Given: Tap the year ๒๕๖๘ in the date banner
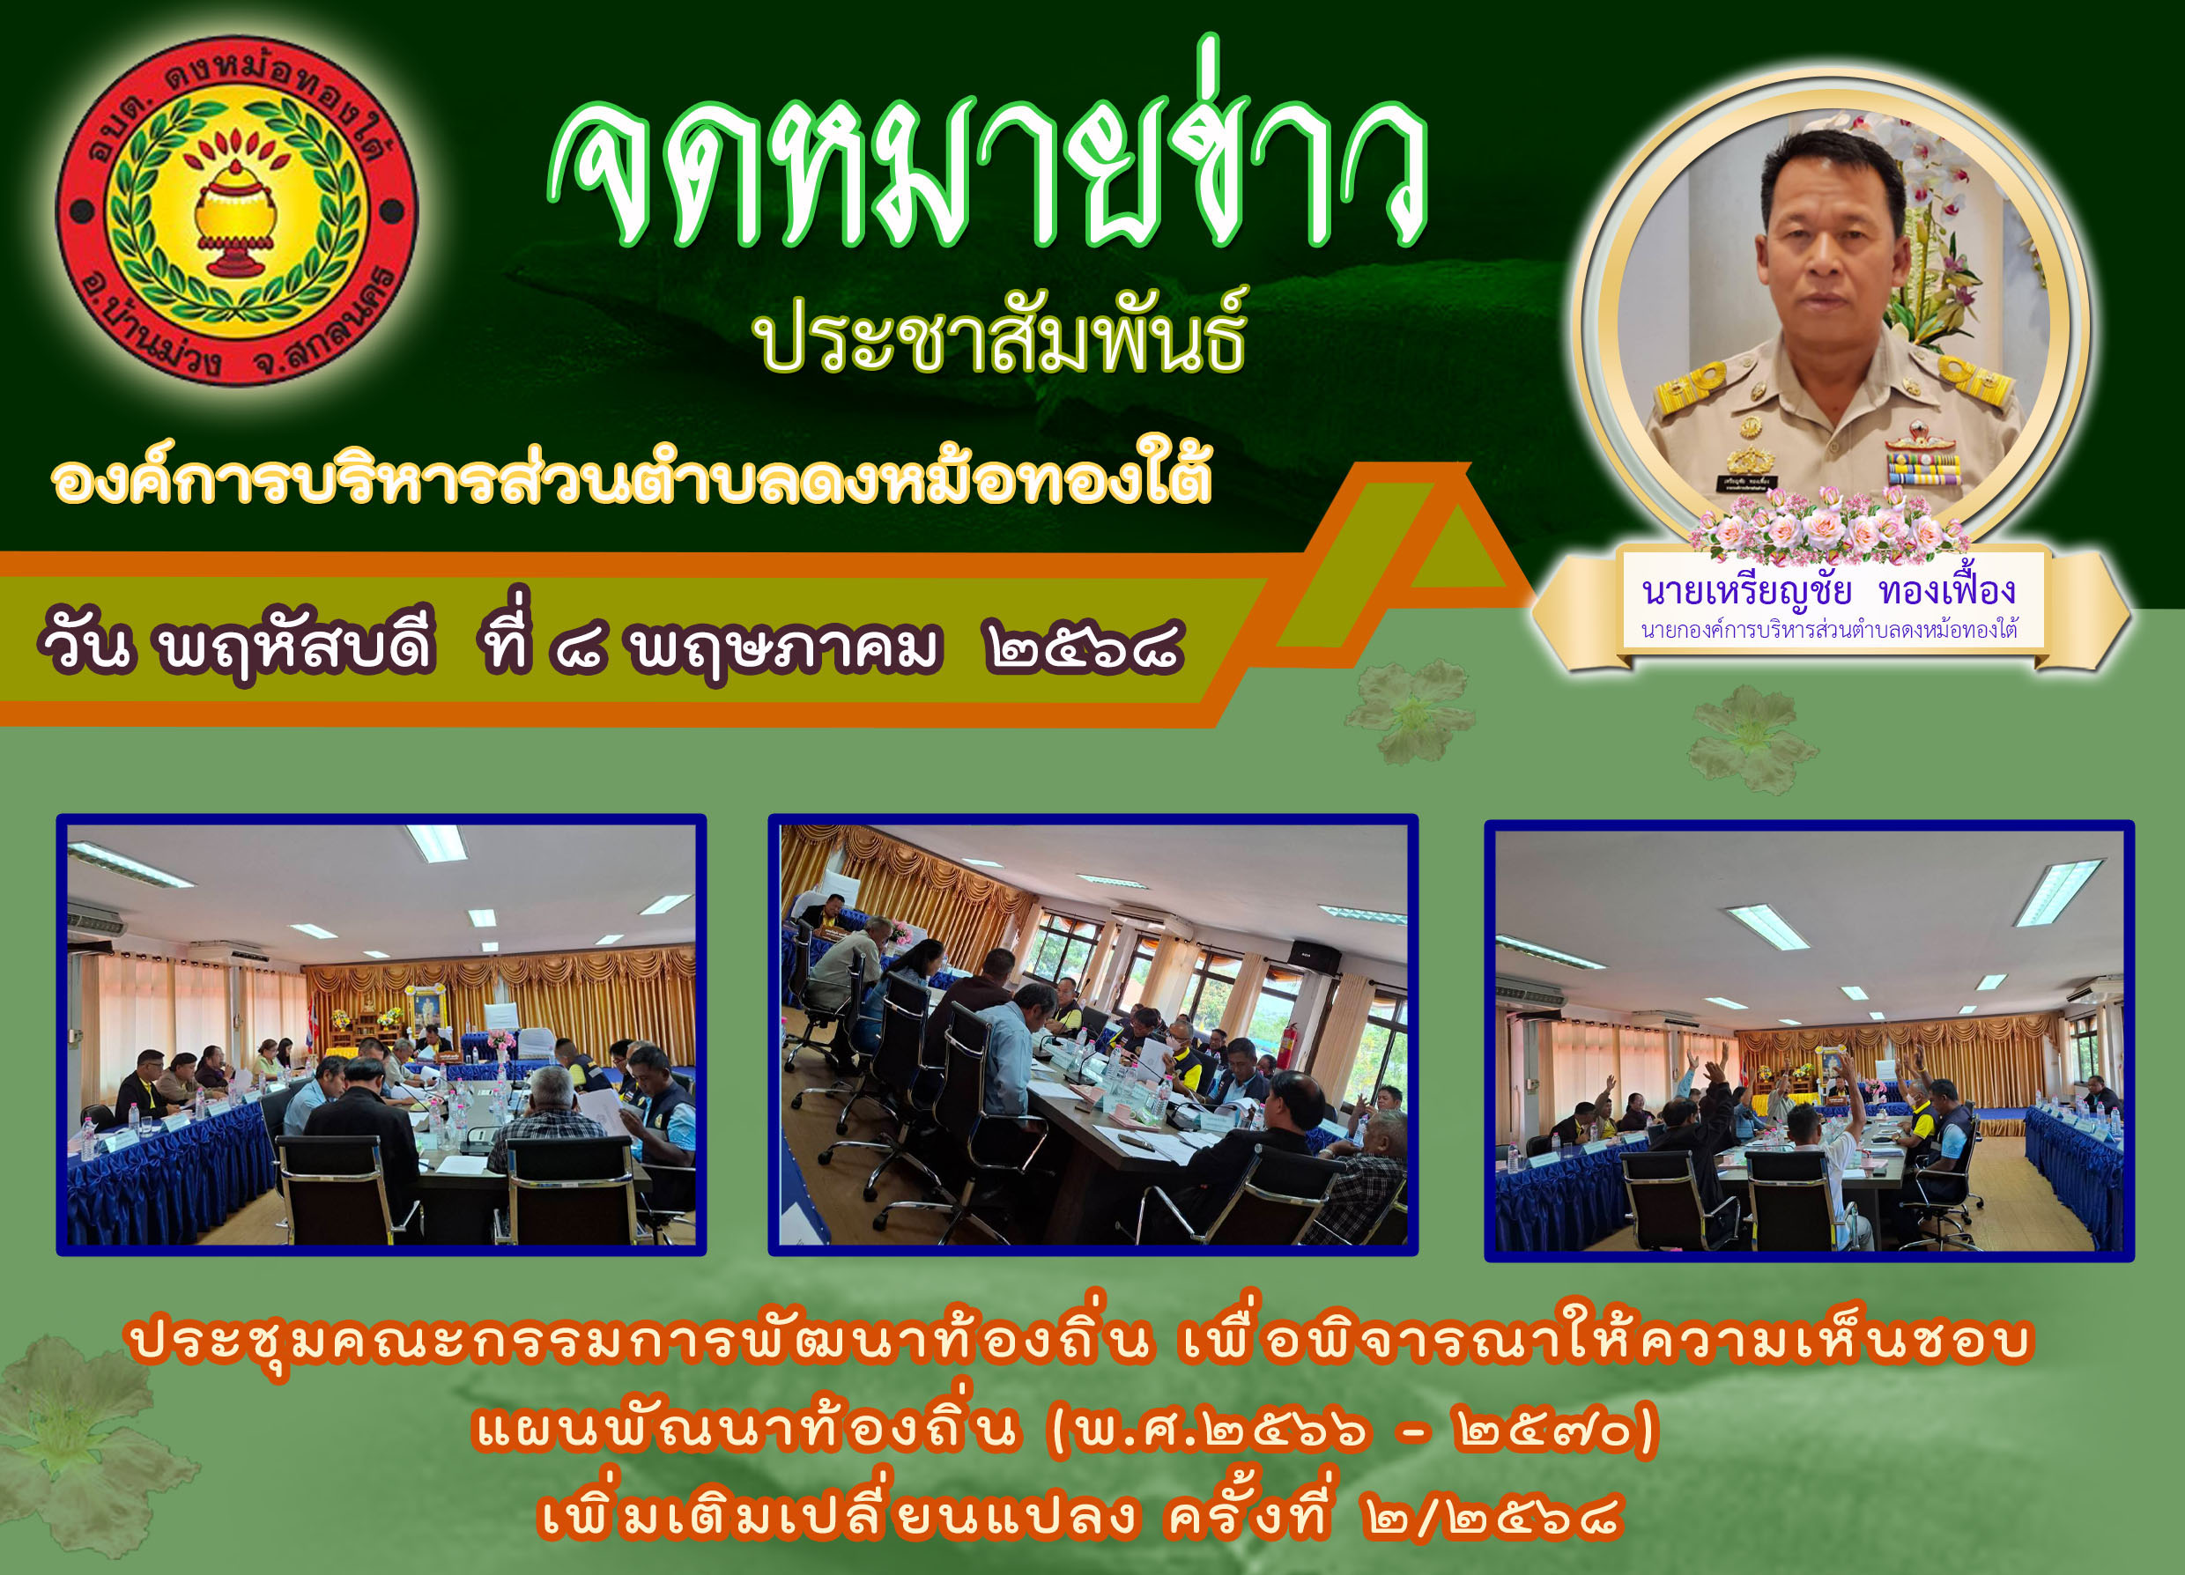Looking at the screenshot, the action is pos(1085,647).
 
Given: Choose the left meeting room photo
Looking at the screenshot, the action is pos(381,1035).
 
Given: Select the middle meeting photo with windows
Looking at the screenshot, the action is pos(1093,1035).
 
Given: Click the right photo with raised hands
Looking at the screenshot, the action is pos(1811,1040).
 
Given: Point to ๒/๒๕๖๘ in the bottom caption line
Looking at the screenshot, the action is pos(1492,1518).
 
